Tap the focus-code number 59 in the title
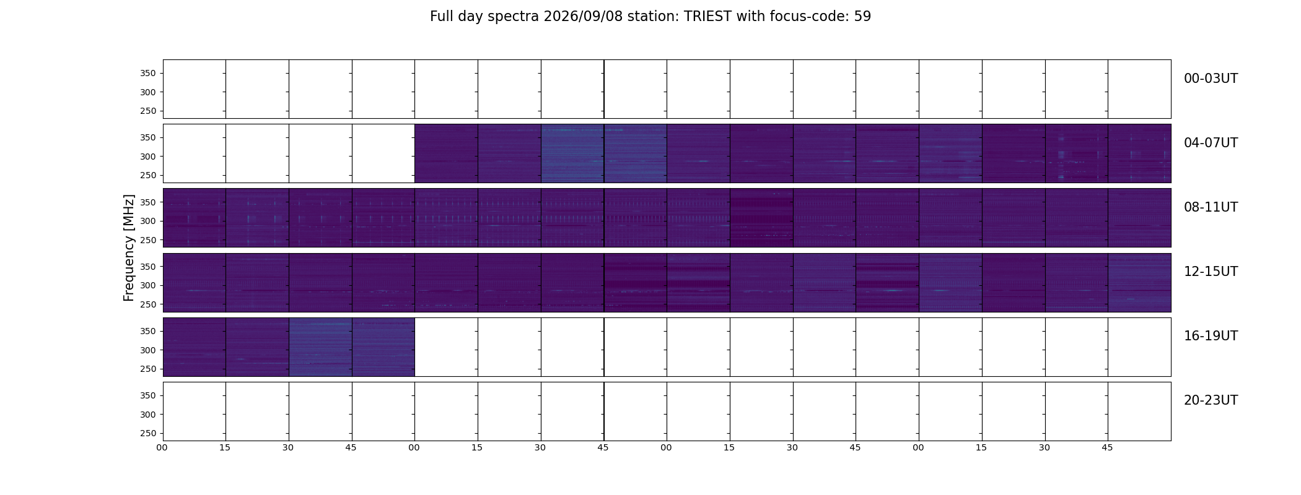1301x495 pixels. (862, 17)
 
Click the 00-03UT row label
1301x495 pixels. (1211, 79)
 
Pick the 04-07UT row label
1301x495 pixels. (1211, 143)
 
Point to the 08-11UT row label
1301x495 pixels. (1211, 207)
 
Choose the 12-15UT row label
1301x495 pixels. (1211, 272)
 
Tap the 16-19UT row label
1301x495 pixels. (1211, 336)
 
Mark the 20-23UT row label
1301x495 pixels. (1211, 400)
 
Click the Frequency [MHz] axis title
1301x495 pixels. (129, 247)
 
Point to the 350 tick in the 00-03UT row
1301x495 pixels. (148, 73)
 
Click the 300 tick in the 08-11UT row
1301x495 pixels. (148, 221)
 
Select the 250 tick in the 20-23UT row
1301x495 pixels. (148, 433)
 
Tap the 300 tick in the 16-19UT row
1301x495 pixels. (148, 350)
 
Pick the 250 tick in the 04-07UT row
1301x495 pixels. (148, 175)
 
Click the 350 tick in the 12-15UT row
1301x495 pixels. (148, 267)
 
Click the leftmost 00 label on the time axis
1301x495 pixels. (162, 447)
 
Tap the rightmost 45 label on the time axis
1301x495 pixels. (1107, 447)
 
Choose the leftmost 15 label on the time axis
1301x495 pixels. (225, 447)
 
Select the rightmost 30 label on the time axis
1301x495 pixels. (1045, 447)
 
